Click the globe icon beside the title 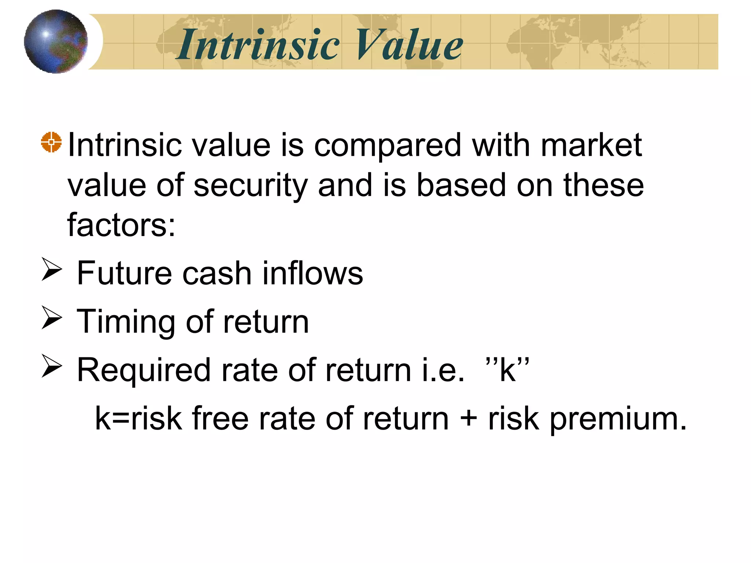pos(56,41)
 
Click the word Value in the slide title pos(409,45)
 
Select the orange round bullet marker pos(51,141)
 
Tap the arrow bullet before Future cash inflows pos(51,269)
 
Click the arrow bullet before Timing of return pos(51,317)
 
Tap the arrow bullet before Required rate pos(51,366)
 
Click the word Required pos(143,371)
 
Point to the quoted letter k pos(508,370)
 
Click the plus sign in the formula pos(468,419)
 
